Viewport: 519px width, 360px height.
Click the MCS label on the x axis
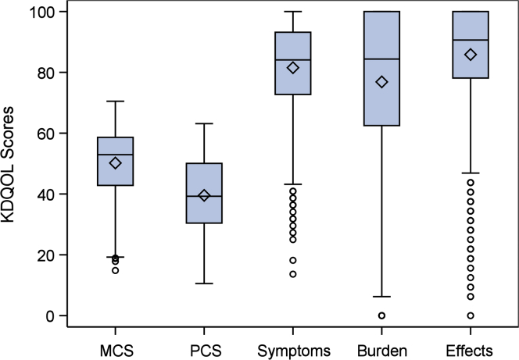click(115, 346)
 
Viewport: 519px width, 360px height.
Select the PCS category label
click(204, 346)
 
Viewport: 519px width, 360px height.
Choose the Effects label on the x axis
click(471, 346)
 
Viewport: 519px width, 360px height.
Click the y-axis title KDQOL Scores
click(12, 163)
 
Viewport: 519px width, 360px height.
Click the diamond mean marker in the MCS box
click(115, 163)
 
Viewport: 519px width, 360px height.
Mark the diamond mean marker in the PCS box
click(204, 196)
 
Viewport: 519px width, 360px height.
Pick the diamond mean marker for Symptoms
click(293, 68)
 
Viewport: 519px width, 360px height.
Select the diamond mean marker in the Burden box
click(382, 82)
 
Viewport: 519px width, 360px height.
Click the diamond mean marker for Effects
click(471, 55)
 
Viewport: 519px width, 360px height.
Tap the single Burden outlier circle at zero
click(382, 315)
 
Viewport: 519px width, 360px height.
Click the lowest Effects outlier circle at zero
click(471, 315)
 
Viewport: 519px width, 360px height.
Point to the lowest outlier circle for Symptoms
click(293, 274)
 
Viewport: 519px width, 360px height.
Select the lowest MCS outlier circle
click(115, 270)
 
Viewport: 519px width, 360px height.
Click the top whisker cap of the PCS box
click(204, 123)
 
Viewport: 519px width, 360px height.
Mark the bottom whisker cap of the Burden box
click(382, 297)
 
